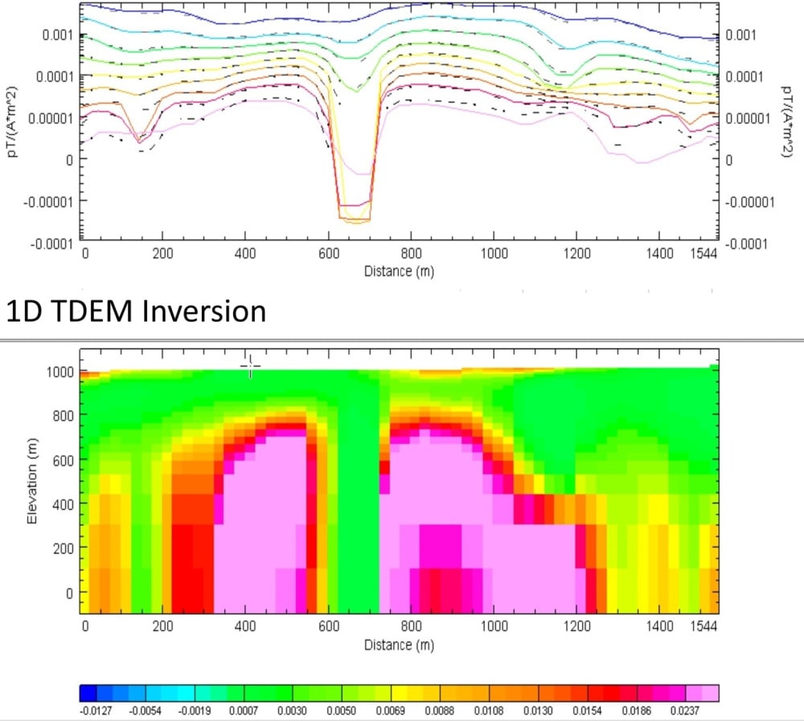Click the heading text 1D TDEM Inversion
coord(136,311)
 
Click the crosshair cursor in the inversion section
coord(250,367)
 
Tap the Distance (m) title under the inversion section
coord(399,645)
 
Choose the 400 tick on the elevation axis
coord(64,505)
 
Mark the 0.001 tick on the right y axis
coord(740,35)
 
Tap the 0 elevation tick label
coord(70,593)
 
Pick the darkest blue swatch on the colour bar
coord(88,694)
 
